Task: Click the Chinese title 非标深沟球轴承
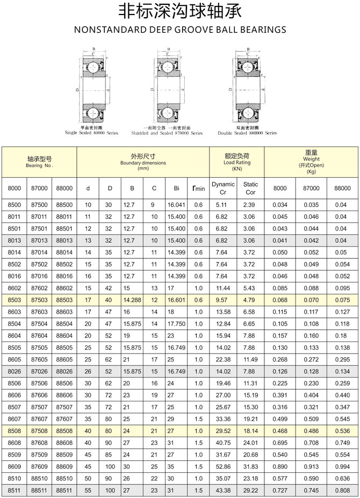[179, 12]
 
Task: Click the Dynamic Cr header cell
[223, 188]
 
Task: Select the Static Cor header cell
[250, 188]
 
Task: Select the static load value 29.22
[250, 490]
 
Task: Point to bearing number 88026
[64, 371]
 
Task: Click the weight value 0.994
[341, 466]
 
